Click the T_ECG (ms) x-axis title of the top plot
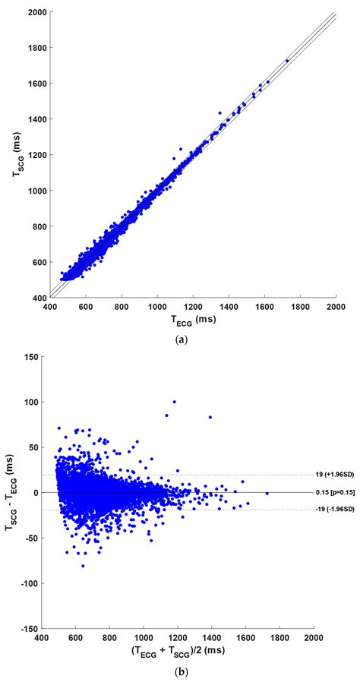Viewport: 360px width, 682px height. (x=193, y=319)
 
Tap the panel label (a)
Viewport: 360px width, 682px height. (x=181, y=340)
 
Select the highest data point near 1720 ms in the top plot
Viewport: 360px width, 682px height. (x=287, y=61)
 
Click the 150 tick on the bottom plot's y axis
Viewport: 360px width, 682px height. (x=32, y=357)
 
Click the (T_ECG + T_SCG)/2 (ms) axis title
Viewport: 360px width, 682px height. (x=178, y=653)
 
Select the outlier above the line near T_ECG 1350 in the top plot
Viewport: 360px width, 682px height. (x=220, y=113)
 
